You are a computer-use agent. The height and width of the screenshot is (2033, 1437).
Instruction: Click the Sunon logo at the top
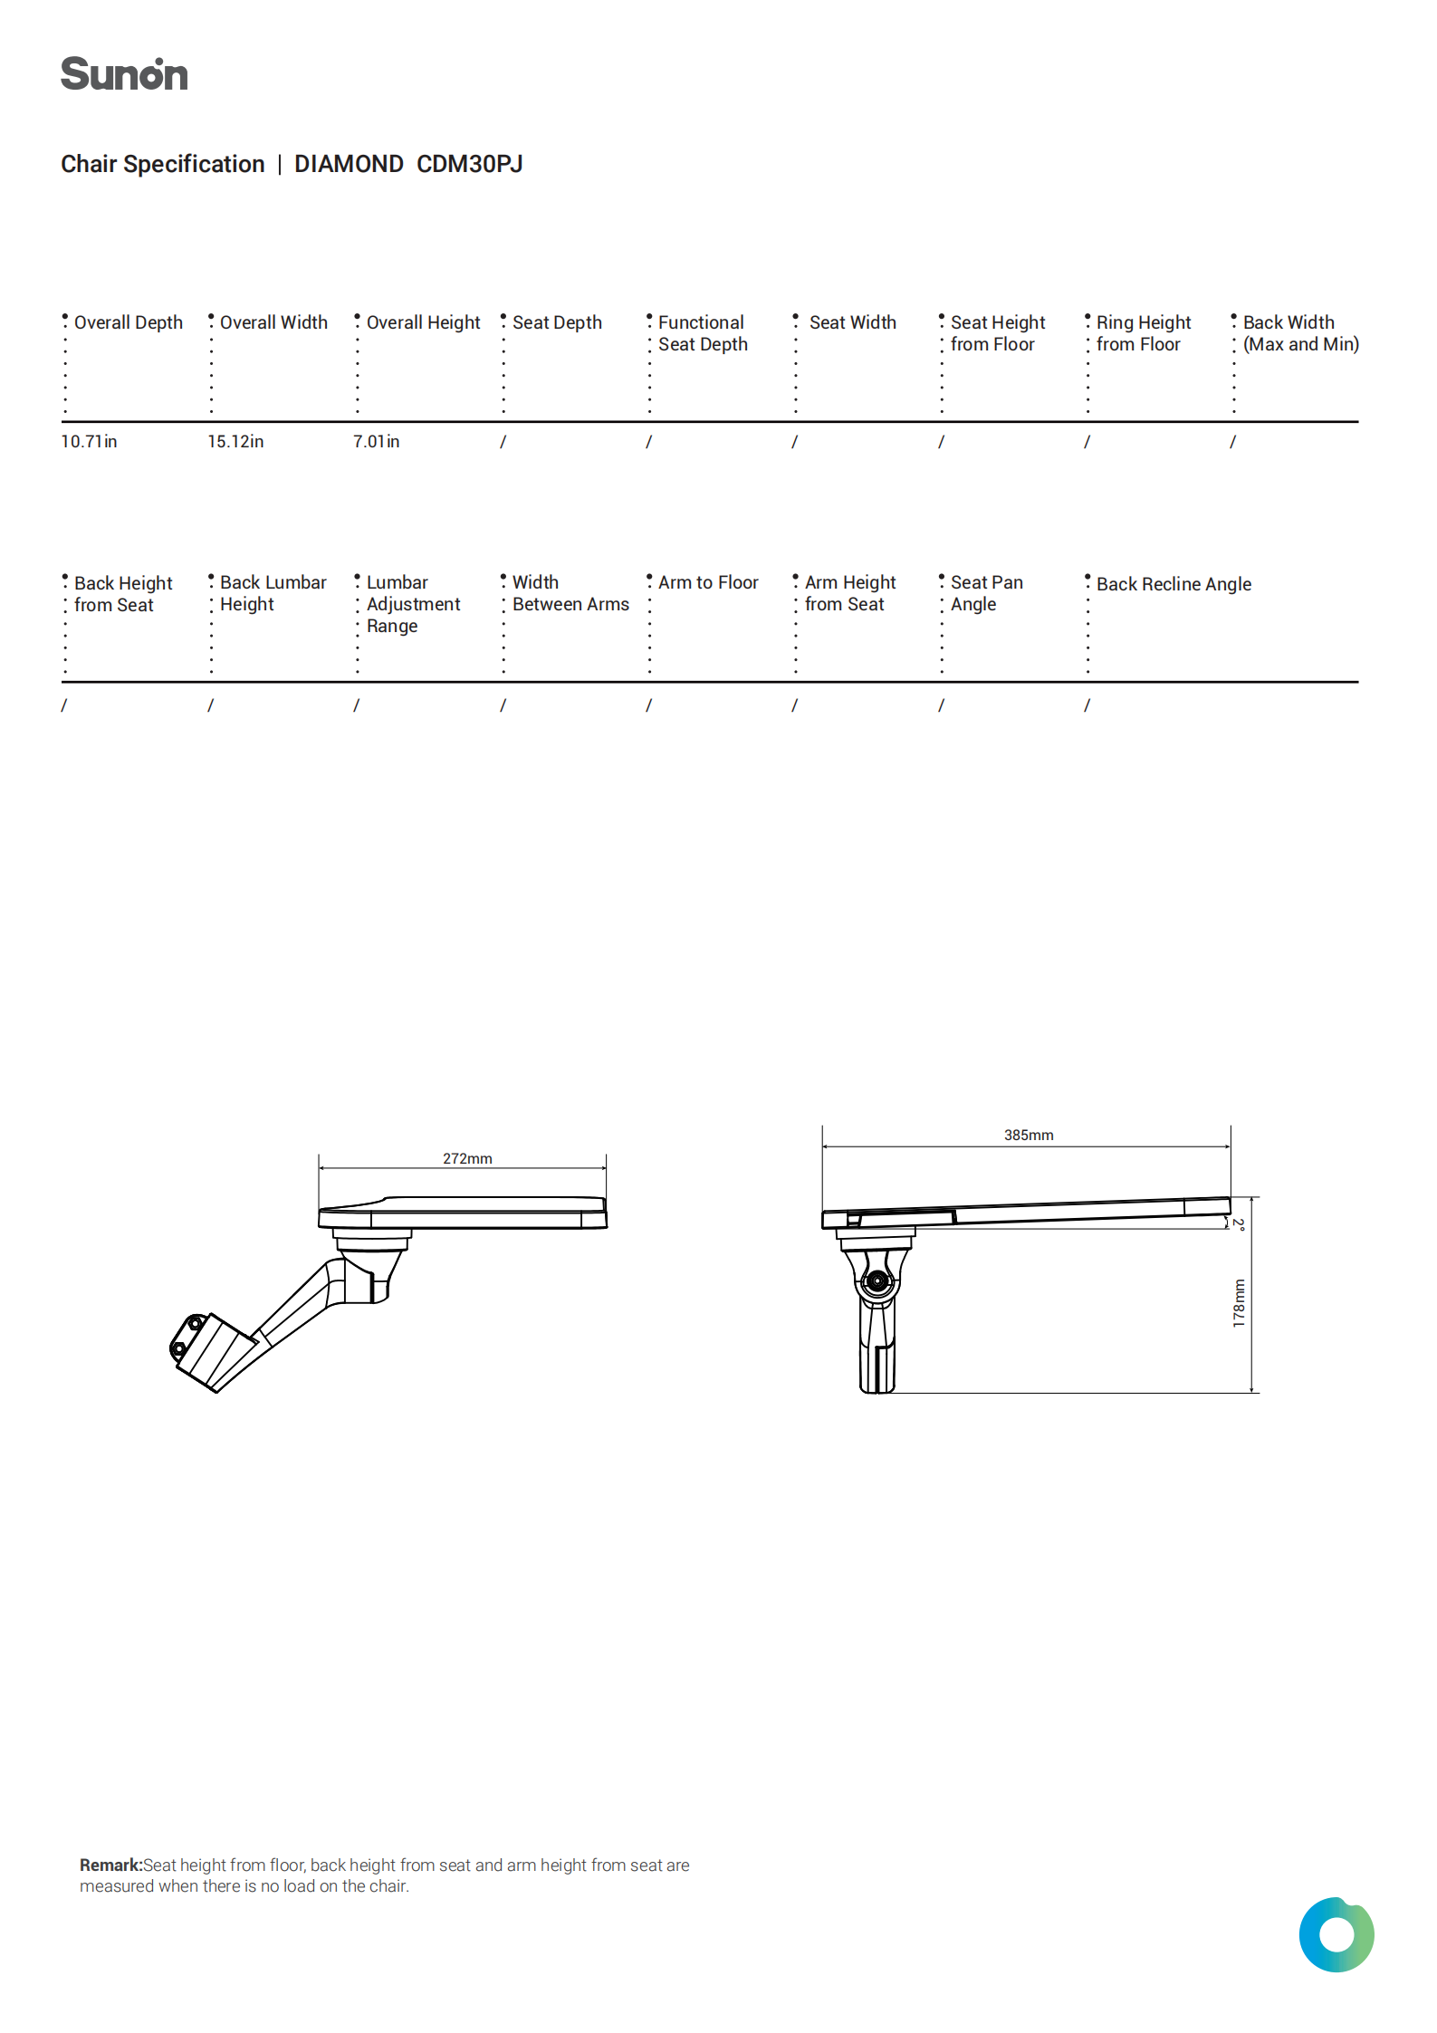124,74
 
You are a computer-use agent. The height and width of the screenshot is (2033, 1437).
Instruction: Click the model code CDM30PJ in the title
469,164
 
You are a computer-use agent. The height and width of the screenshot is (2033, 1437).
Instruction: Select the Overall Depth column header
128,322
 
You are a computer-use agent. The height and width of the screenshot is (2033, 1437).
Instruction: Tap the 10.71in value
89,442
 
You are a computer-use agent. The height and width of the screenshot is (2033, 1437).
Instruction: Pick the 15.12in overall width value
235,442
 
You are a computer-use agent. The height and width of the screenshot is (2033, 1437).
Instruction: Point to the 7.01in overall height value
376,442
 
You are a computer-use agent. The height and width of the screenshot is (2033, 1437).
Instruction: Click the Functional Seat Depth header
703,333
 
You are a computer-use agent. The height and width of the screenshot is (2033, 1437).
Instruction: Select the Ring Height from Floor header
1143,333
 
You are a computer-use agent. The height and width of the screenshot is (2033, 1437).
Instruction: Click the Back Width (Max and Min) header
1300,333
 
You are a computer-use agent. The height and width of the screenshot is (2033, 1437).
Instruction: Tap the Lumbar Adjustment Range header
413,604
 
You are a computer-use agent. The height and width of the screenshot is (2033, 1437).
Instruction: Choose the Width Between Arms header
570,593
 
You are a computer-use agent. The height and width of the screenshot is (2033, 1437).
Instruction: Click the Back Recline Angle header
1174,584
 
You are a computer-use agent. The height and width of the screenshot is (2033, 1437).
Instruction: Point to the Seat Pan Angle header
986,593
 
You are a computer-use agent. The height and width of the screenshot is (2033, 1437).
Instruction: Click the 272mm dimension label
467,1159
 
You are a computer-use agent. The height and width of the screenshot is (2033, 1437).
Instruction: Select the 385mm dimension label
1029,1136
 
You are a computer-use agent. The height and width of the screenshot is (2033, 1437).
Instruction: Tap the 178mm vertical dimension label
1239,1303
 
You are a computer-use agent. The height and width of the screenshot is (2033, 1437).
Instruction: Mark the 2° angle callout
1239,1224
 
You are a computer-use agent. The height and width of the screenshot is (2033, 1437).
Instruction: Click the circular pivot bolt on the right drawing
877,1281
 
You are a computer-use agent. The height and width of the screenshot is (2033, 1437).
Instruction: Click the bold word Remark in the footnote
110,1865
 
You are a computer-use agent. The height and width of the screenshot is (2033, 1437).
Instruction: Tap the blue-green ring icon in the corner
1336,1935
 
